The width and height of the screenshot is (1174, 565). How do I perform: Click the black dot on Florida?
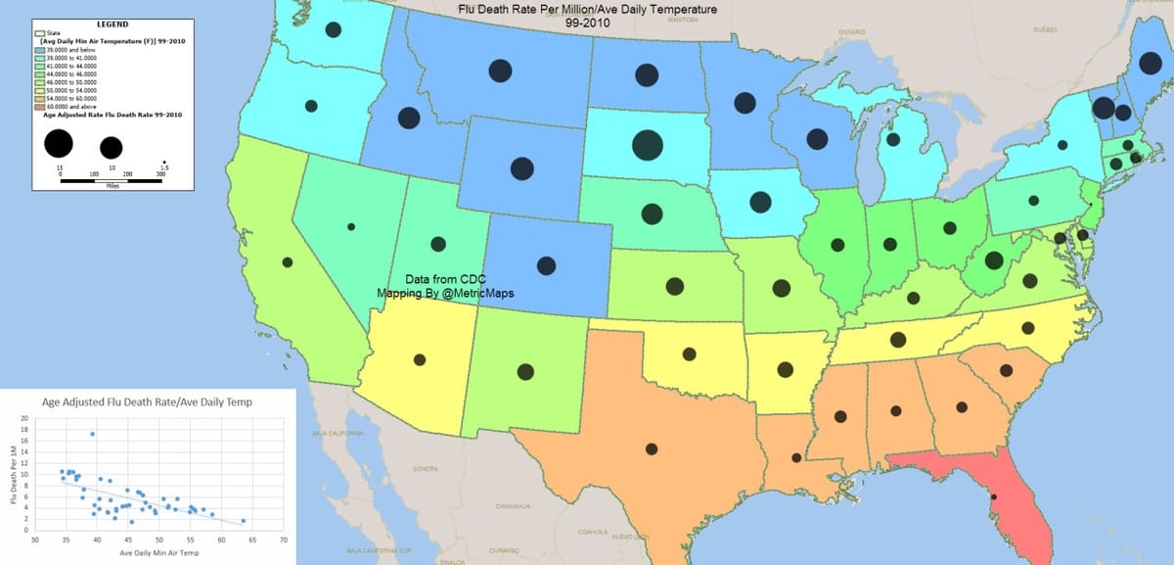pyautogui.click(x=993, y=497)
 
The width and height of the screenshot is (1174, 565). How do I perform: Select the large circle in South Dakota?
pyautogui.click(x=647, y=145)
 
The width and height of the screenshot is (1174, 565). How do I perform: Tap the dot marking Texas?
pyautogui.click(x=652, y=448)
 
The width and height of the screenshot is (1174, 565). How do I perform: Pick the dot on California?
pyautogui.click(x=287, y=262)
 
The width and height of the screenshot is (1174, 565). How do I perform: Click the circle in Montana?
pyautogui.click(x=500, y=71)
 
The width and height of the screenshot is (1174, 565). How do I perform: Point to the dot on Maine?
pyautogui.click(x=1143, y=63)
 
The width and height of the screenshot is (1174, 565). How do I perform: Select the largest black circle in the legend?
pyautogui.click(x=59, y=144)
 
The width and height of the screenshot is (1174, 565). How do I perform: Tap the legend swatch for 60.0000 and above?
pyautogui.click(x=39, y=107)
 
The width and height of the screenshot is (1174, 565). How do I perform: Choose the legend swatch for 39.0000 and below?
pyautogui.click(x=39, y=50)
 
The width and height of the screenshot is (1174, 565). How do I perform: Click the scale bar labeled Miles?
pyautogui.click(x=111, y=181)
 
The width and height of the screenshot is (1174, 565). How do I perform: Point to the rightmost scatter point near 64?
pyautogui.click(x=244, y=521)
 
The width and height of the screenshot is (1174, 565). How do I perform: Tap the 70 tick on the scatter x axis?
pyautogui.click(x=283, y=539)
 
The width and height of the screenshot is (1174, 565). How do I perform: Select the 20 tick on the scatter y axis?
pyautogui.click(x=25, y=418)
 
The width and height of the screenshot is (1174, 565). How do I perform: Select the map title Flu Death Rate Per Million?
pyautogui.click(x=587, y=9)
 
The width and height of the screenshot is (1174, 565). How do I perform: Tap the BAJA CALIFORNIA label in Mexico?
pyautogui.click(x=338, y=432)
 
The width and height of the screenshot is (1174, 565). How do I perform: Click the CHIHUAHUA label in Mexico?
pyautogui.click(x=512, y=506)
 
